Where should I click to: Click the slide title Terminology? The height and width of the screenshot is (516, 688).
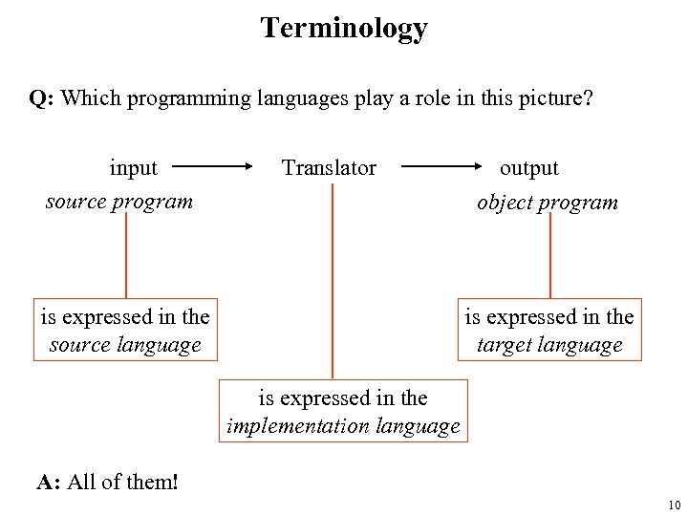(x=344, y=28)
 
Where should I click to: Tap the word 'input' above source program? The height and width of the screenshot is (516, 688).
(x=133, y=168)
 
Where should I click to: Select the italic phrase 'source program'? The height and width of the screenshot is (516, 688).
(x=119, y=202)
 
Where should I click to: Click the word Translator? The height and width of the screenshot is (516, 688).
(x=329, y=168)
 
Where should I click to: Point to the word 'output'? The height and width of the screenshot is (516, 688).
(x=529, y=168)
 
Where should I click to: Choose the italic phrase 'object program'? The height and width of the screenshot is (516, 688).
(x=548, y=203)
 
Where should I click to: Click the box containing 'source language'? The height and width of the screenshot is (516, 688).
(x=125, y=330)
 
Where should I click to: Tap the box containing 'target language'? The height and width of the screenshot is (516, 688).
(x=549, y=330)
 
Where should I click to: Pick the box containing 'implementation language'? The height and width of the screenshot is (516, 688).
(x=343, y=412)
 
